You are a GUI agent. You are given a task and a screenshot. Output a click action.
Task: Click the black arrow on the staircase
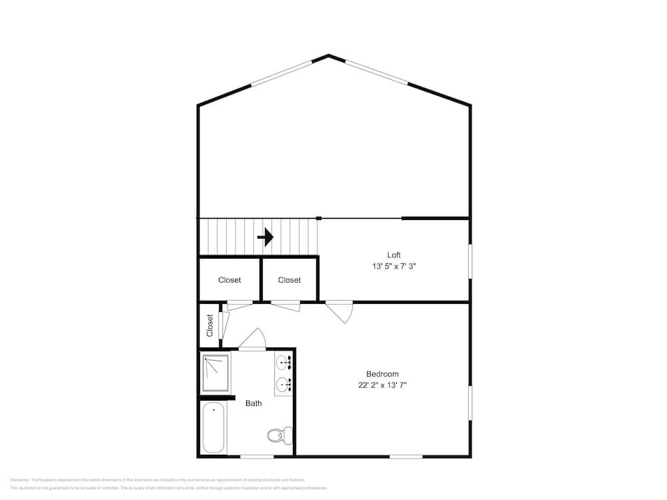265,237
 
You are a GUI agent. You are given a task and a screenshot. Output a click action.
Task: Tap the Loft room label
394,255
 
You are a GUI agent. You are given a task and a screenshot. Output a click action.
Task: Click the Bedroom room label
382,374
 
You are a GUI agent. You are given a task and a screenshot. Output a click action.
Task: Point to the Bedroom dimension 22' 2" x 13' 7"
382,385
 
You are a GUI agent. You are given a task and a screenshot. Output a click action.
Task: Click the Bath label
253,403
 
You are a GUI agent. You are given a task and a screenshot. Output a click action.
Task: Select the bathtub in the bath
214,427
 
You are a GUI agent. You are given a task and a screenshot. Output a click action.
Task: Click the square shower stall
216,373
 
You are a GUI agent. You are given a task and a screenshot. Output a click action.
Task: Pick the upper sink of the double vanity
283,363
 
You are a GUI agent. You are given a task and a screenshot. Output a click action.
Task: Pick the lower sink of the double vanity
283,384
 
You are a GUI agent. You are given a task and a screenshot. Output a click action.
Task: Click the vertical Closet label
209,325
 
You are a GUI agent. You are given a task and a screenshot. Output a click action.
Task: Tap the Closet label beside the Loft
289,280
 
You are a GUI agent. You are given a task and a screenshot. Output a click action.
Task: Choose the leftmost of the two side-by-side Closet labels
229,280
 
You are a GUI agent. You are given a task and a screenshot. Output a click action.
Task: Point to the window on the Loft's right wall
470,261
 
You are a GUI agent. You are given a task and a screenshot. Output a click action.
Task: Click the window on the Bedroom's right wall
470,403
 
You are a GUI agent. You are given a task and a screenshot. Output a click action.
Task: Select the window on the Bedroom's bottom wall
406,457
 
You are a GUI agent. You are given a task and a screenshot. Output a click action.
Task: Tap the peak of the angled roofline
329,56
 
